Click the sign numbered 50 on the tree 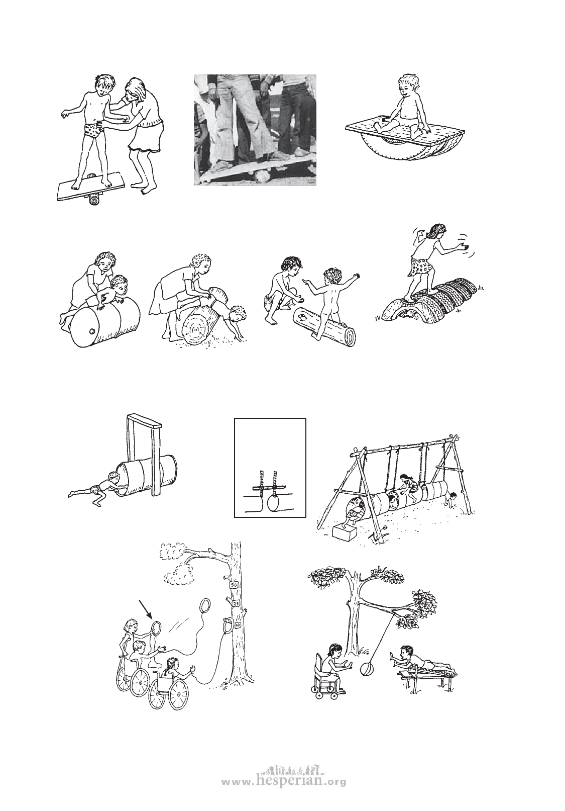pyautogui.click(x=234, y=585)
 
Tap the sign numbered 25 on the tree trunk pyautogui.click(x=236, y=603)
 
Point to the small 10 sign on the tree pyautogui.click(x=237, y=624)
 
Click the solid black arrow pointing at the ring pyautogui.click(x=146, y=610)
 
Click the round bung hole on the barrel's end pyautogui.click(x=91, y=320)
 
